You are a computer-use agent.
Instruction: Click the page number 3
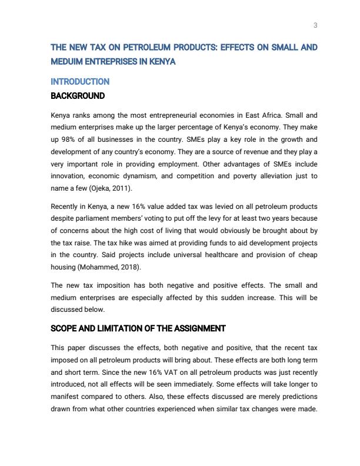315,25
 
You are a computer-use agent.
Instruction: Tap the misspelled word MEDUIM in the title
68,61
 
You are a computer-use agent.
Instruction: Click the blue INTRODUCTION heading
80,82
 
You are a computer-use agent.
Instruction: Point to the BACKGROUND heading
78,96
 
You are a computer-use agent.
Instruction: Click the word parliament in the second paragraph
104,219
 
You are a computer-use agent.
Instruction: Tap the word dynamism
143,176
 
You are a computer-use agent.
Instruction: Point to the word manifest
67,396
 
